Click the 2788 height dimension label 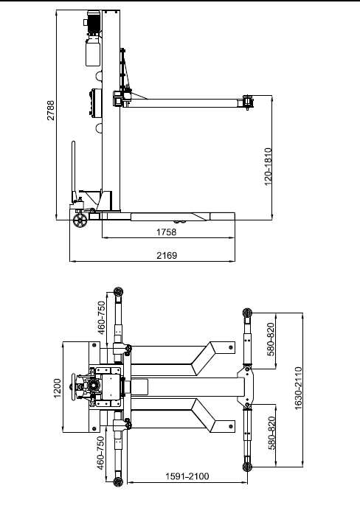[x=51, y=110]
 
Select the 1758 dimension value [x=167, y=232]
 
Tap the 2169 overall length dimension [x=167, y=255]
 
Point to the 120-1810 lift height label [x=268, y=167]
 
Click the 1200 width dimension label [x=58, y=388]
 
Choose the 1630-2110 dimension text [x=298, y=388]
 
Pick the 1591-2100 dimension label [x=187, y=476]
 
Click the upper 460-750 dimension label [x=101, y=318]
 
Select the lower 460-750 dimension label [x=101, y=453]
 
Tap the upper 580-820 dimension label [x=271, y=339]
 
